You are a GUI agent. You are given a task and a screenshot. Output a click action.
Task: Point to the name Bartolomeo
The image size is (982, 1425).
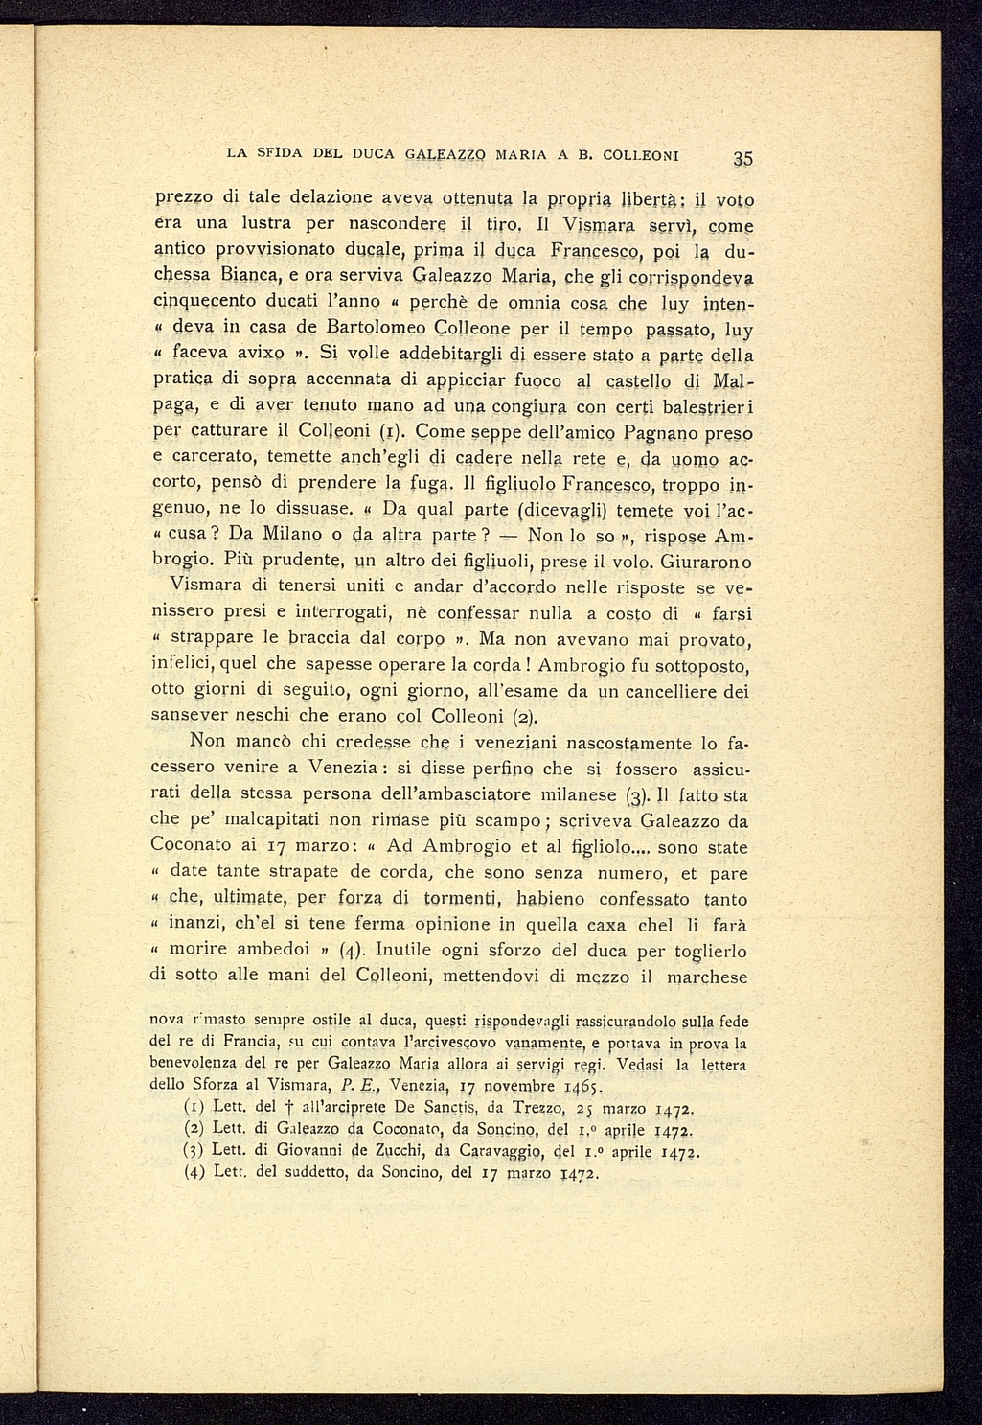click(380, 330)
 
